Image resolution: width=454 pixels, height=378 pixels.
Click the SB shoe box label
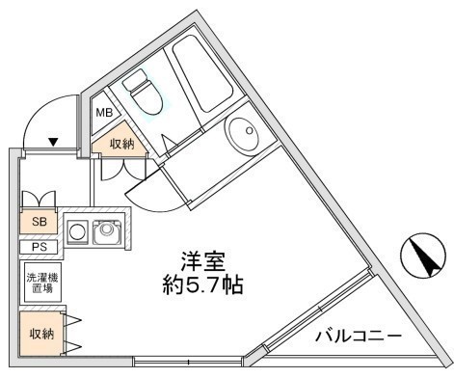coord(40,221)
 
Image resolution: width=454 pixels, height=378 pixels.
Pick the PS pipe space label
coord(39,246)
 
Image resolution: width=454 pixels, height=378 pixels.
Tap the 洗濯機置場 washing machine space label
coord(41,281)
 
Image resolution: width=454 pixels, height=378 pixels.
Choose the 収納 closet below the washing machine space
coord(40,334)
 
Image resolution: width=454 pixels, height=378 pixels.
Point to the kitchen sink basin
coord(108,233)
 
